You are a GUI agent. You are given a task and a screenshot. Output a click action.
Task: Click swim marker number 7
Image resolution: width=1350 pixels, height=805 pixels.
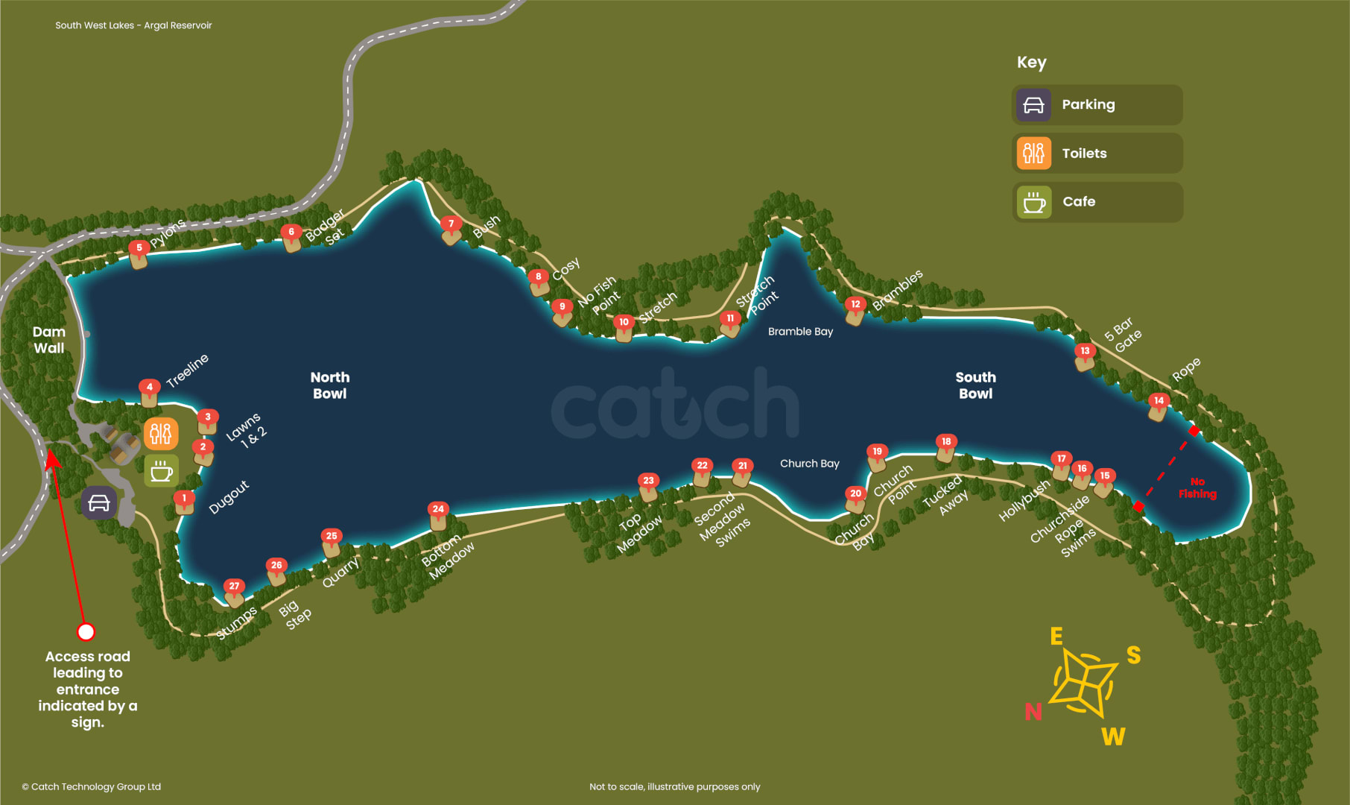pyautogui.click(x=451, y=224)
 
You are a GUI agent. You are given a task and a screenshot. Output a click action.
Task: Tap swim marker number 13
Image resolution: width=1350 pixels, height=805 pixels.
pyautogui.click(x=1085, y=352)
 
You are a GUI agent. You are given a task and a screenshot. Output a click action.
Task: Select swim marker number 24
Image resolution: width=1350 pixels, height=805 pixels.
pyautogui.click(x=438, y=510)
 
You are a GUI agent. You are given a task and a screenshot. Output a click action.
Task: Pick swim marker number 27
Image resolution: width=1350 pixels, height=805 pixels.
pyautogui.click(x=234, y=587)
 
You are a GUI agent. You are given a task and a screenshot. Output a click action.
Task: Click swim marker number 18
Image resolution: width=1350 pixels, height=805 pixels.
pyautogui.click(x=946, y=442)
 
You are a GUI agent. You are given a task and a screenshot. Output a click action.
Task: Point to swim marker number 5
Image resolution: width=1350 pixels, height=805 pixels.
pyautogui.click(x=139, y=248)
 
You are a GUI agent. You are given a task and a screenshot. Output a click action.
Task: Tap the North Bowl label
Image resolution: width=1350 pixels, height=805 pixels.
pyautogui.click(x=329, y=385)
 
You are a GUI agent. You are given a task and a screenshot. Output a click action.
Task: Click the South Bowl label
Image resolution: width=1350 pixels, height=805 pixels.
pyautogui.click(x=975, y=385)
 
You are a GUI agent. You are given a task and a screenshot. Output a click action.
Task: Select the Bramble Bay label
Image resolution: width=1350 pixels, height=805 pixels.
pyautogui.click(x=800, y=332)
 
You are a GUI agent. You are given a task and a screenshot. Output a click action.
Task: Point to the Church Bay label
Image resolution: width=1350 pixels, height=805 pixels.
pyautogui.click(x=809, y=464)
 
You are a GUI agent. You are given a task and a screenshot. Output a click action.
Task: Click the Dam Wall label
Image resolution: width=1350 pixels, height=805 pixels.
pyautogui.click(x=49, y=340)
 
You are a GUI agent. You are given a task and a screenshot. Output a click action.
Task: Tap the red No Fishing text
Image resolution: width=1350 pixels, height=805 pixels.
pyautogui.click(x=1197, y=488)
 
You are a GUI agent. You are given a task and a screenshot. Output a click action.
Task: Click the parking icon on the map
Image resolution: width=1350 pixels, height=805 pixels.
pyautogui.click(x=99, y=503)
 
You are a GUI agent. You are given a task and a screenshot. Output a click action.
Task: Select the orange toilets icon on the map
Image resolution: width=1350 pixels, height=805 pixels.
pyautogui.click(x=161, y=433)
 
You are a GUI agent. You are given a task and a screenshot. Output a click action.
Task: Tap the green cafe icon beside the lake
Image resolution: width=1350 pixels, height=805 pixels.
pyautogui.click(x=161, y=471)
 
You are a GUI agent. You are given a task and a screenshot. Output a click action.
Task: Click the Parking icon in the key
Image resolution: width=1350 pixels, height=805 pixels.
pyautogui.click(x=1033, y=105)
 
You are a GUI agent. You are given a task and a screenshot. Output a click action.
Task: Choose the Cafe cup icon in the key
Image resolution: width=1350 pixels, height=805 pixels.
pyautogui.click(x=1034, y=202)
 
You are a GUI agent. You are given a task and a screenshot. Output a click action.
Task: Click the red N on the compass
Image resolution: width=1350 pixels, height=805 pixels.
pyautogui.click(x=1033, y=712)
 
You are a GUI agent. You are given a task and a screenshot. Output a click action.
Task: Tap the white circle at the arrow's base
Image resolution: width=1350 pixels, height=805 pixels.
pyautogui.click(x=86, y=632)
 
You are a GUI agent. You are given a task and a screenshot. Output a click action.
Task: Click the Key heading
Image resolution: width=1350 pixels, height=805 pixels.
pyautogui.click(x=1031, y=63)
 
